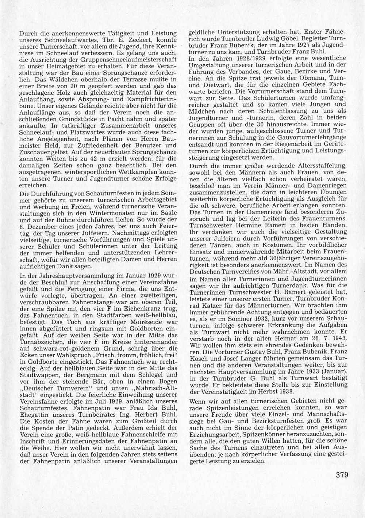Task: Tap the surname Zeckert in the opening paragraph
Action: (131, 39)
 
